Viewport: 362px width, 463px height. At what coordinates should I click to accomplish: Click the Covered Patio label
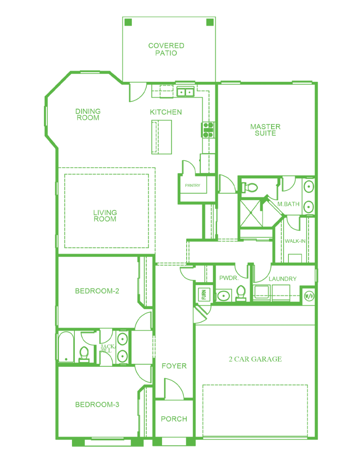click(166, 49)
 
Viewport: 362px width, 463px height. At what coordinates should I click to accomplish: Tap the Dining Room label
click(88, 115)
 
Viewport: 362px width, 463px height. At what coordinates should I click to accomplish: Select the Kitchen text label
click(166, 112)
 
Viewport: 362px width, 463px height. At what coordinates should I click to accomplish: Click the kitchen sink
click(185, 92)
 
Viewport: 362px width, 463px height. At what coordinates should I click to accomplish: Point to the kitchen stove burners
click(208, 130)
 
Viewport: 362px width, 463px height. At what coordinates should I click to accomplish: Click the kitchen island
click(162, 137)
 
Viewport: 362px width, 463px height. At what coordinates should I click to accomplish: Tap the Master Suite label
click(265, 130)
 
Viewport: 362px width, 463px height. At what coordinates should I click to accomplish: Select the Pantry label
click(193, 186)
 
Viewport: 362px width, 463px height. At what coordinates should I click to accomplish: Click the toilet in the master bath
click(250, 187)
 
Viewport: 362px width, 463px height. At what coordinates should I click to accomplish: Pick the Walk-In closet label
click(295, 241)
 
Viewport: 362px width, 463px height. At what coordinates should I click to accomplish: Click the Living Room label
click(105, 216)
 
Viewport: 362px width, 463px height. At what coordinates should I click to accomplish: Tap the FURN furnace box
click(204, 294)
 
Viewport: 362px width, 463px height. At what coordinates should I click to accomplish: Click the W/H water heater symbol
click(309, 296)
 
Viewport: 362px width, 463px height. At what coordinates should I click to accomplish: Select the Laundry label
click(283, 279)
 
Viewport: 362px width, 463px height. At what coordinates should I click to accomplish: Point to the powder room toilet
click(241, 293)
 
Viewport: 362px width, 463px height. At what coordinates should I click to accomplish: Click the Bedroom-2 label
click(97, 291)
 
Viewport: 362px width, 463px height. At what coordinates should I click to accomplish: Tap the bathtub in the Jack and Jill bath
click(66, 347)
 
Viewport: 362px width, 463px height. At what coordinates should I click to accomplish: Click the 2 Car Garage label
click(255, 359)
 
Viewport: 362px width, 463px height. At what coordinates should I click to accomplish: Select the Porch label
click(174, 419)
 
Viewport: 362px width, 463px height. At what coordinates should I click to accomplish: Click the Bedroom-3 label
click(97, 405)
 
